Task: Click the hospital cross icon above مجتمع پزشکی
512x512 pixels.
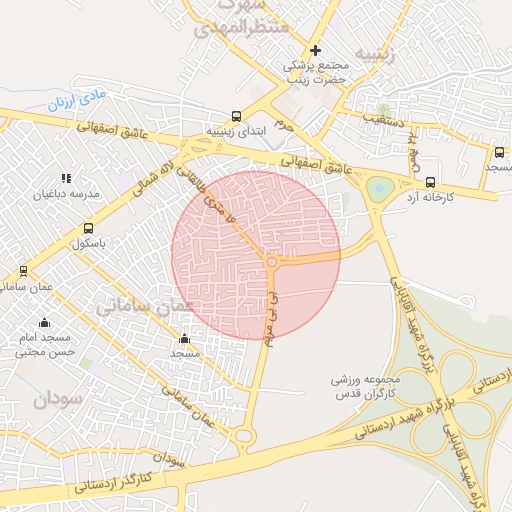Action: point(316,50)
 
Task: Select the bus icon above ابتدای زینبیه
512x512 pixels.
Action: point(236,116)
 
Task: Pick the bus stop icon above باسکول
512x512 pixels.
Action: point(89,228)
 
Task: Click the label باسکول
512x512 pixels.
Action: point(89,243)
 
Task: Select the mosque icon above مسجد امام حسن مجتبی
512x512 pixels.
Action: point(44,322)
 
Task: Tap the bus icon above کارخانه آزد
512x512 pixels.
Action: point(430,182)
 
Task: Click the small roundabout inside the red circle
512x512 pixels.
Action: point(272,262)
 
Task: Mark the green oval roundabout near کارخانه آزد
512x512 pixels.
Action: point(380,188)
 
